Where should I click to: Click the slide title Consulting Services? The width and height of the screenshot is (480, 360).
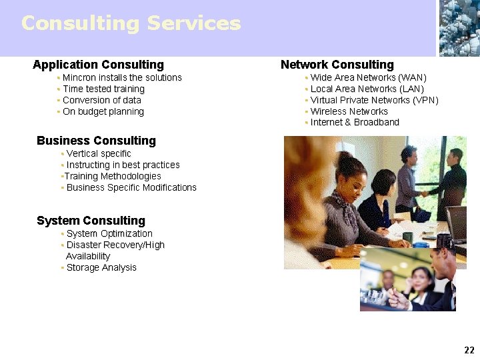click(x=131, y=23)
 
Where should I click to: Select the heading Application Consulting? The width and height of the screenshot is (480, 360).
click(x=98, y=65)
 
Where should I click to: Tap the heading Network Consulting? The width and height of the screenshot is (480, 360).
click(x=337, y=65)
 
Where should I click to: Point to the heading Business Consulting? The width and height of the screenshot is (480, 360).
click(x=96, y=141)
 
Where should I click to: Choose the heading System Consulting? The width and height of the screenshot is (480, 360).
click(x=91, y=221)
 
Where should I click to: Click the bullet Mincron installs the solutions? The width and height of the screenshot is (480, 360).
click(x=122, y=78)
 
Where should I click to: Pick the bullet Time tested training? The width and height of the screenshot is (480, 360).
click(x=103, y=89)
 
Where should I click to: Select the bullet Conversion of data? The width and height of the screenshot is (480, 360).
click(x=102, y=101)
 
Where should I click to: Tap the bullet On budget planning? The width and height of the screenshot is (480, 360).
click(x=103, y=112)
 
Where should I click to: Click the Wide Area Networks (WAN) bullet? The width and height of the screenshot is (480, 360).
click(x=368, y=78)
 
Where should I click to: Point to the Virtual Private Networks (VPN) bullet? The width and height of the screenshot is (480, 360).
click(x=374, y=101)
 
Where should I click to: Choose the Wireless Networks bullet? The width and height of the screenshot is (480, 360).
click(x=349, y=112)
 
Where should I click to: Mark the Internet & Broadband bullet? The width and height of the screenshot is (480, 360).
click(x=355, y=123)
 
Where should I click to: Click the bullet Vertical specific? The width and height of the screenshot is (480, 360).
click(x=99, y=154)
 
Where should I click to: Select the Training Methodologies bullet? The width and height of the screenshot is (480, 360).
click(x=113, y=177)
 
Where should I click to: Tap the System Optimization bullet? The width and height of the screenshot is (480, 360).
click(x=109, y=234)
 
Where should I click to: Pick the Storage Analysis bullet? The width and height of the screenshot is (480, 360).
click(x=101, y=268)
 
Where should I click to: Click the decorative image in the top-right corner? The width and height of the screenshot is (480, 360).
click(x=459, y=28)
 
